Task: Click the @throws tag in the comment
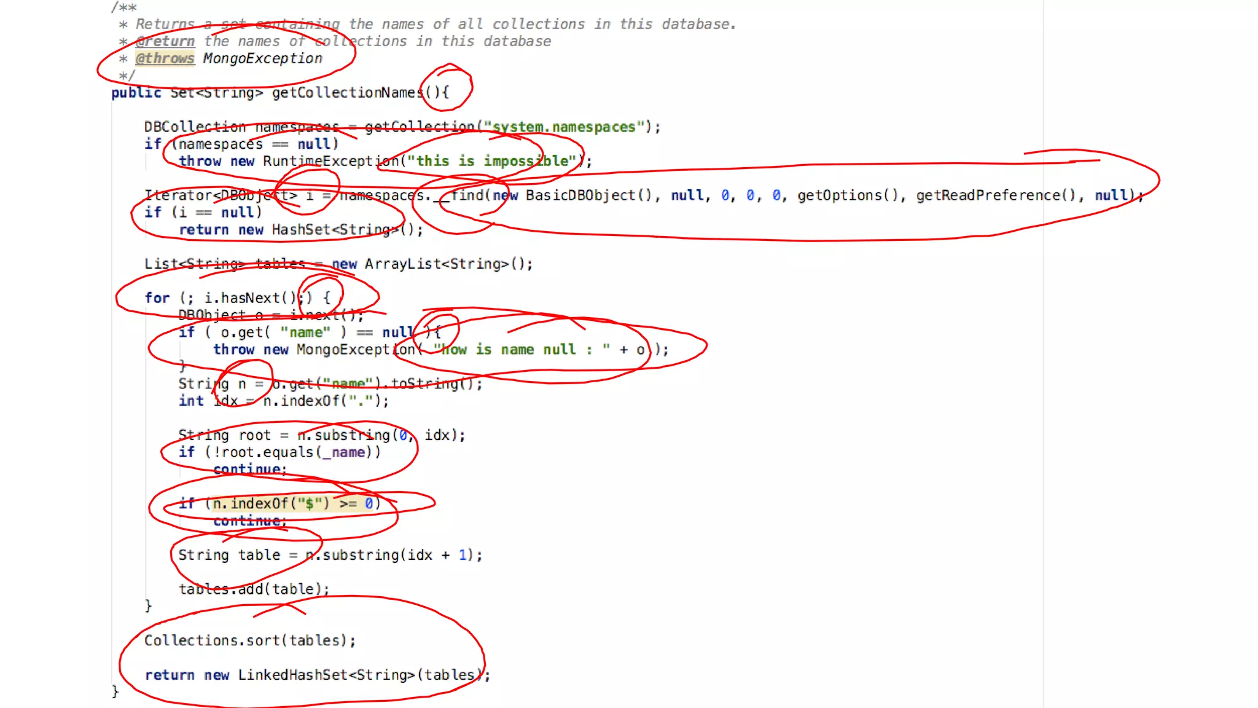tap(165, 58)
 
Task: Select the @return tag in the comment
tap(165, 41)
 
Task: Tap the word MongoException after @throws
tap(262, 58)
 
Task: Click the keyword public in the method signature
tap(136, 93)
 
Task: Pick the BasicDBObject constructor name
tap(581, 195)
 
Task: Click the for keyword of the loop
tap(157, 298)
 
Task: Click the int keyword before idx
tap(191, 401)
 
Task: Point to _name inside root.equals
tap(348, 452)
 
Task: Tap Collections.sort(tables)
tap(249, 640)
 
